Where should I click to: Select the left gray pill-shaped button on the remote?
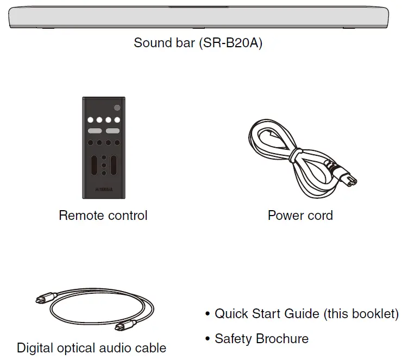click(x=95, y=131)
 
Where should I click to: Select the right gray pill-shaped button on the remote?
click(x=112, y=131)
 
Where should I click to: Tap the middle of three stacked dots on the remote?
click(x=104, y=165)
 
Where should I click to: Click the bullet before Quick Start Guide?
click(x=208, y=315)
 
